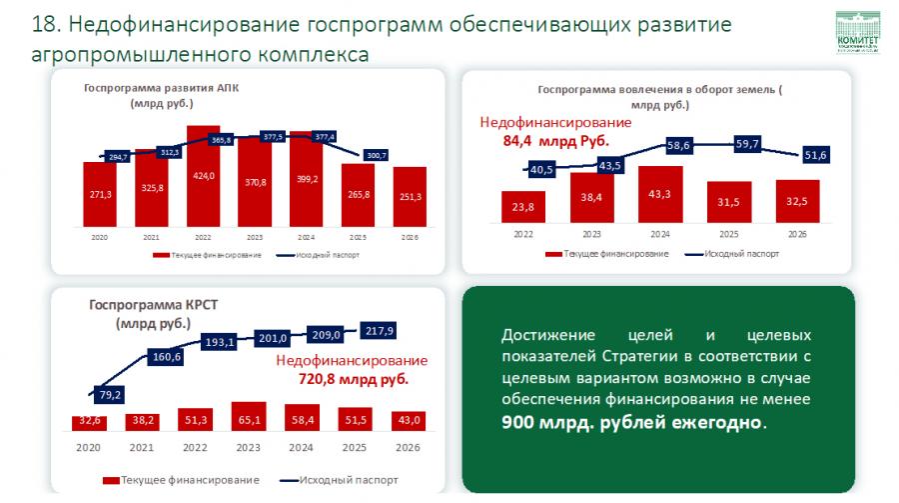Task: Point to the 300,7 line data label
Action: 376,155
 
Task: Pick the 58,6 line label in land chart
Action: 680,145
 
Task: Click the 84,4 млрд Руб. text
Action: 555,141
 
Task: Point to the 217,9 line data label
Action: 380,330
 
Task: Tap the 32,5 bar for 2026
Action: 796,201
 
